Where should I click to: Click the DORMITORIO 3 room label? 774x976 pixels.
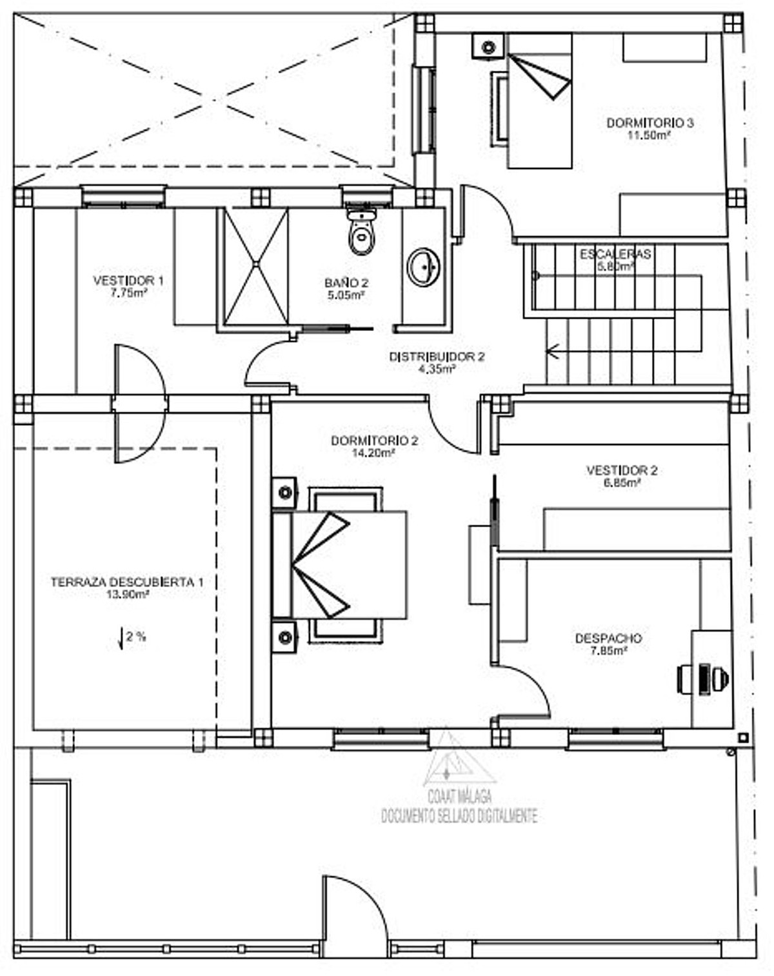click(649, 123)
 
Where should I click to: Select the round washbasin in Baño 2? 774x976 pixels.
click(423, 266)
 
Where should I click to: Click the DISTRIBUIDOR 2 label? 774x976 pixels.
click(436, 357)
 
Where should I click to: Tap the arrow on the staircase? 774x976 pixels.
click(553, 352)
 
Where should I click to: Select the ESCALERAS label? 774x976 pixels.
click(615, 254)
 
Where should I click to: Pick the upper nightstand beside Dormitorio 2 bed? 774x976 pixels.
click(284, 493)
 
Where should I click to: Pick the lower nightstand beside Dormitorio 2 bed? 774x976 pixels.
click(284, 637)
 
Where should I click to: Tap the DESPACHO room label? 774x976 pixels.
click(608, 638)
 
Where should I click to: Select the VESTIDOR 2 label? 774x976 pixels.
click(621, 470)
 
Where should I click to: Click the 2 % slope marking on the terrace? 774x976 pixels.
click(132, 637)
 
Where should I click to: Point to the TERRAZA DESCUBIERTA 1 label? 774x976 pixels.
click(127, 582)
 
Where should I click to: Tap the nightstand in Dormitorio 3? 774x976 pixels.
click(488, 46)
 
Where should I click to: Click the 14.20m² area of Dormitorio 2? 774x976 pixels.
click(373, 453)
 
